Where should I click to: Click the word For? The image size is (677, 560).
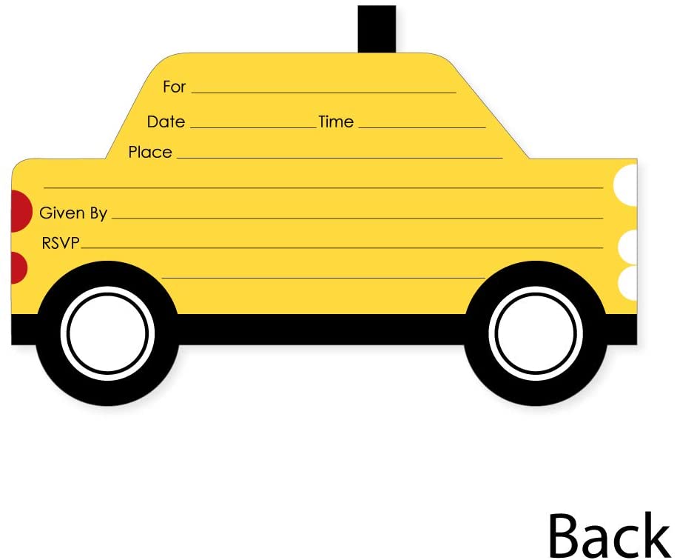pyautogui.click(x=174, y=87)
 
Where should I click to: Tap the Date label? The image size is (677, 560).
pyautogui.click(x=166, y=121)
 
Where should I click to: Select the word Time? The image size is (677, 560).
pyautogui.click(x=336, y=121)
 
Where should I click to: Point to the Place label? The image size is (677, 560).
pyautogui.click(x=150, y=152)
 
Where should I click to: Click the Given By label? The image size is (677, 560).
pyautogui.click(x=73, y=213)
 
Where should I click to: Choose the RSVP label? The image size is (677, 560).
pyautogui.click(x=60, y=243)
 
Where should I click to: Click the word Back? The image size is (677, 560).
pyautogui.click(x=608, y=535)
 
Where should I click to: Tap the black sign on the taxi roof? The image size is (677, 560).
pyautogui.click(x=377, y=29)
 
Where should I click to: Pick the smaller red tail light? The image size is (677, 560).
pyautogui.click(x=18, y=267)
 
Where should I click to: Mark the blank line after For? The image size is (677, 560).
pyautogui.click(x=323, y=93)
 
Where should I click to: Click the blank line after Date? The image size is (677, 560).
pyautogui.click(x=252, y=127)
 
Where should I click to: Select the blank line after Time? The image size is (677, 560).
pyautogui.click(x=422, y=127)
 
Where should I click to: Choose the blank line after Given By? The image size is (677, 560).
pyautogui.click(x=357, y=219)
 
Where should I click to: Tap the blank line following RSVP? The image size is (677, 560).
pyautogui.click(x=341, y=247)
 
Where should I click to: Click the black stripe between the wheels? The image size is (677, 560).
pyautogui.click(x=321, y=329)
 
